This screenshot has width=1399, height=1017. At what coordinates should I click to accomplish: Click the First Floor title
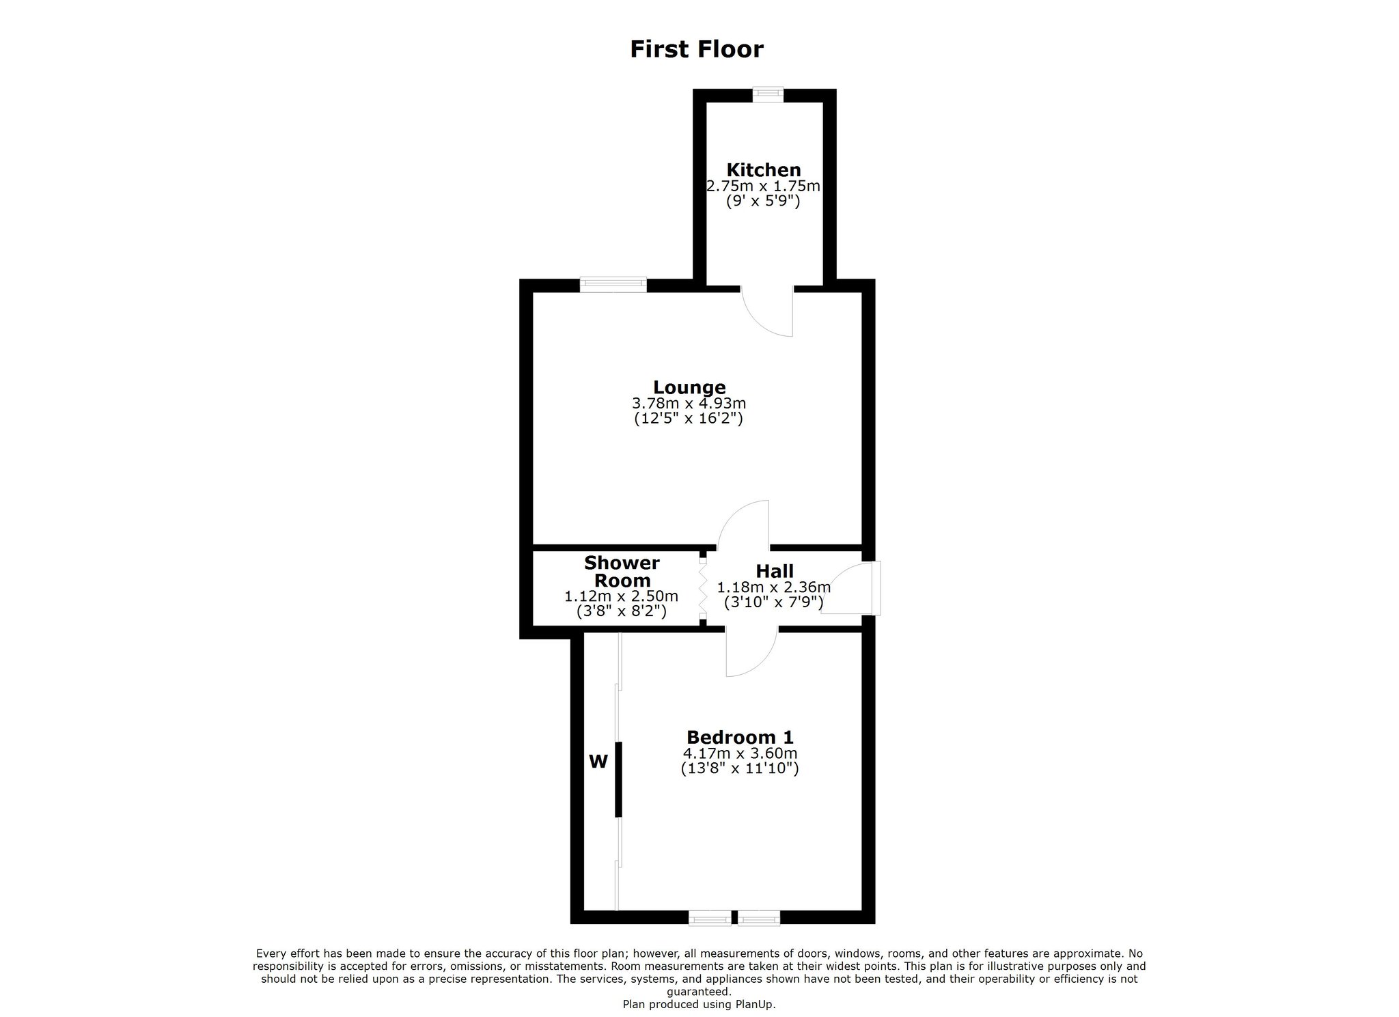(x=696, y=49)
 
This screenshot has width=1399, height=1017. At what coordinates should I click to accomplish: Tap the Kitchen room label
(x=763, y=170)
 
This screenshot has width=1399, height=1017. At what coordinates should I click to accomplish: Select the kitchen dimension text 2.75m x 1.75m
(x=763, y=186)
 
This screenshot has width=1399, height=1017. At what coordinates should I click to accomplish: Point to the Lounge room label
(x=689, y=388)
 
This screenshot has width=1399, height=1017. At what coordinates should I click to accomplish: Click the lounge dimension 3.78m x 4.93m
(x=689, y=404)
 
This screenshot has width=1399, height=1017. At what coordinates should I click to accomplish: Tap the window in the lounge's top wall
(x=613, y=285)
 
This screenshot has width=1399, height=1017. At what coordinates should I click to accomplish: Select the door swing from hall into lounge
(x=743, y=525)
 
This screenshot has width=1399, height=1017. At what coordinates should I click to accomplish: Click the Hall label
(x=775, y=571)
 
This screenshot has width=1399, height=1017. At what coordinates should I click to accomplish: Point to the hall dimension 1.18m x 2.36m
(x=773, y=587)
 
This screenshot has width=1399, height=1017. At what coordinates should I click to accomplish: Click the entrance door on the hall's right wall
(x=850, y=588)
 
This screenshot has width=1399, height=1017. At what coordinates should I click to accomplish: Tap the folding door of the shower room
(x=702, y=589)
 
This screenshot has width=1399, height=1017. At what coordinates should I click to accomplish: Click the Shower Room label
(x=622, y=572)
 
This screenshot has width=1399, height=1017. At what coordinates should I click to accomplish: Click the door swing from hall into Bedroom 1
(x=751, y=653)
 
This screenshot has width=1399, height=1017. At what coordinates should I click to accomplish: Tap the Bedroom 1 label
(x=740, y=738)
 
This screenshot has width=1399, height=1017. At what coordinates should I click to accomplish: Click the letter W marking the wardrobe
(x=598, y=762)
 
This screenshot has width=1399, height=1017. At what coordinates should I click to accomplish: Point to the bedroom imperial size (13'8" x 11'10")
(x=740, y=768)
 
